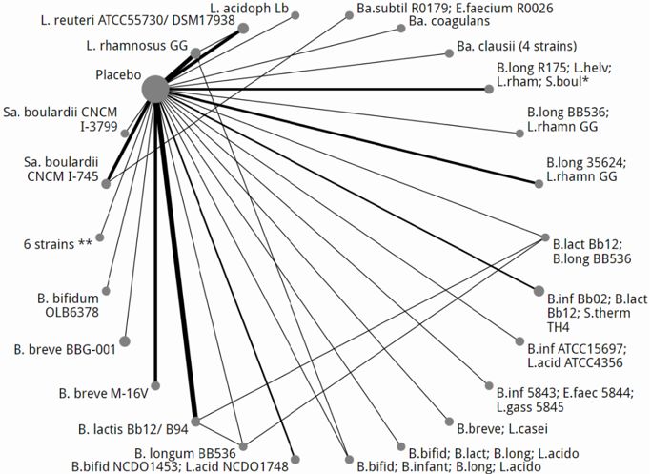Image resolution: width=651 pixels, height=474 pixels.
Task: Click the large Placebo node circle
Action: tap(155, 89)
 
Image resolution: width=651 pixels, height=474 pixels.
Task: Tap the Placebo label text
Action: tap(118, 74)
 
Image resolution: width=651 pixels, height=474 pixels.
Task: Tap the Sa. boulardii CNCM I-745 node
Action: tap(110, 181)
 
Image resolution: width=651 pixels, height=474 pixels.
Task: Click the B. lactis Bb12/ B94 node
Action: tap(196, 420)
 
